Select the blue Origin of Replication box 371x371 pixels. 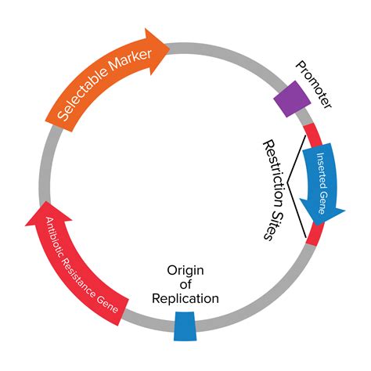point(185,326)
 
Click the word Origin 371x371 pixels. point(185,270)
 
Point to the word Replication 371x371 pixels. point(185,298)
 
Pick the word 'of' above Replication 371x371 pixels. point(185,284)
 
